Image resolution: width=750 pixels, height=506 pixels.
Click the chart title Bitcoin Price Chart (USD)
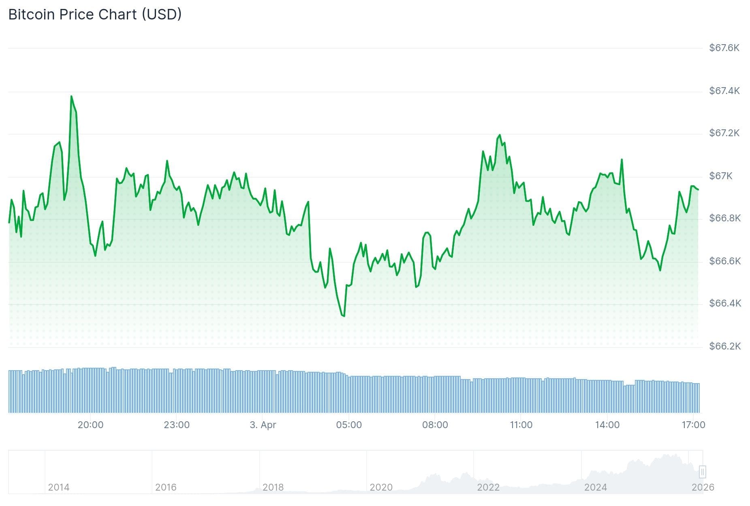click(x=95, y=15)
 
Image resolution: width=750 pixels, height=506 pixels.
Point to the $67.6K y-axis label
click(x=724, y=48)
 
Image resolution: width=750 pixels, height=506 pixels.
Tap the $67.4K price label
click(x=724, y=90)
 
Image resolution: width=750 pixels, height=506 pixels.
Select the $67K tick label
click(x=720, y=176)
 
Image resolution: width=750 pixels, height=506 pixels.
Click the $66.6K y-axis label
click(x=724, y=261)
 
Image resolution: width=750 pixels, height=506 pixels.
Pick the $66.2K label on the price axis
click(x=724, y=346)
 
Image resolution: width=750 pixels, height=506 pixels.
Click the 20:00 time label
click(x=90, y=425)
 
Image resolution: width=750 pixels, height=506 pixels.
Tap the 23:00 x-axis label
click(x=177, y=425)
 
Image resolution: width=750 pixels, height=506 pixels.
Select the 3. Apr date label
click(x=263, y=425)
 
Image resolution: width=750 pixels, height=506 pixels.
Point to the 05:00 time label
click(x=349, y=425)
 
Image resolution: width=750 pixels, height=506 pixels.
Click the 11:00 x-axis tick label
click(x=521, y=425)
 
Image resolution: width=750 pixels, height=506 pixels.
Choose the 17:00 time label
click(x=693, y=425)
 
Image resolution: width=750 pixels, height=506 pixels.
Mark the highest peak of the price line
click(x=71, y=96)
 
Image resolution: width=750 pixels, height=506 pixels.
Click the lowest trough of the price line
click(x=344, y=316)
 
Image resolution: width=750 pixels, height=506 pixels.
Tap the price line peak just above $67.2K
click(x=500, y=135)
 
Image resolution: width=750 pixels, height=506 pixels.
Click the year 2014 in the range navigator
click(x=59, y=487)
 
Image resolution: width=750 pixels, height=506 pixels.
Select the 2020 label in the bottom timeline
click(x=381, y=487)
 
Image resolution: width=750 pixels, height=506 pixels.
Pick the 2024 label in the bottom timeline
click(x=595, y=487)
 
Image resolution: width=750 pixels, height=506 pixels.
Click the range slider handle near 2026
click(x=702, y=472)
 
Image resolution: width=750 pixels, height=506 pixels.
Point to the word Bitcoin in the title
click(x=31, y=15)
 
